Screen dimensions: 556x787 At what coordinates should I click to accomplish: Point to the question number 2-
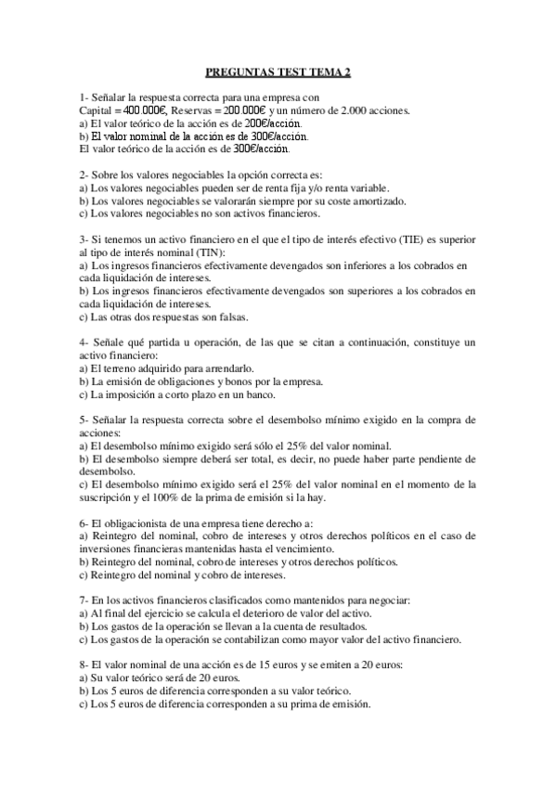(84, 174)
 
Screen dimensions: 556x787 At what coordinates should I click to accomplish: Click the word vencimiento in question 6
(303, 548)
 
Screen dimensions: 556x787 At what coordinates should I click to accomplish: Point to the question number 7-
(84, 600)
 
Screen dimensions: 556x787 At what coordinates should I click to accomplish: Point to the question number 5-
(84, 420)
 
